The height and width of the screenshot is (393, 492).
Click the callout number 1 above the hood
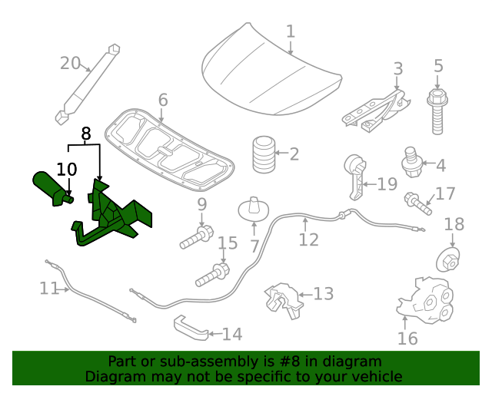(x=291, y=31)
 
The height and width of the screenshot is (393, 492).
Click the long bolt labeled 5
(x=437, y=111)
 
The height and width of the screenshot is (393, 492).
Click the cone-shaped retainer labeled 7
(x=254, y=209)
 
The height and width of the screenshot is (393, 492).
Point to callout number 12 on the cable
(x=308, y=240)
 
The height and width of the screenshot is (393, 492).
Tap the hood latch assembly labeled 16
(x=424, y=299)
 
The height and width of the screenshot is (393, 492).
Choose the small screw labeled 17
(x=418, y=203)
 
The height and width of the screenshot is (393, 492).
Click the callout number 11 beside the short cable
(x=48, y=289)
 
